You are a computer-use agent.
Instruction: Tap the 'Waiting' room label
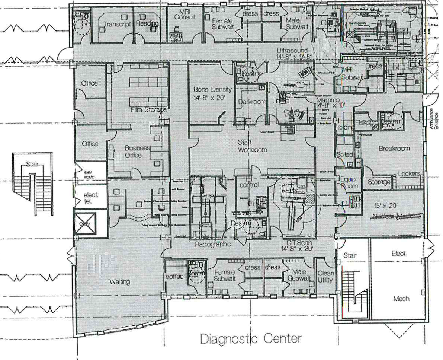click(119, 282)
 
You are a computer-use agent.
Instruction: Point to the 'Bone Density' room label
click(212, 89)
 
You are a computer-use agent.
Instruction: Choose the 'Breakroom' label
click(394, 148)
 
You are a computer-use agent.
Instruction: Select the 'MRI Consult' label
click(185, 14)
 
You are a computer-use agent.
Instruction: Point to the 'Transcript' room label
click(117, 24)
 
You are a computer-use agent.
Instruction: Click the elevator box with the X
click(85, 223)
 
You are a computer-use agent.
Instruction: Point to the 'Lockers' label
click(409, 173)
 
